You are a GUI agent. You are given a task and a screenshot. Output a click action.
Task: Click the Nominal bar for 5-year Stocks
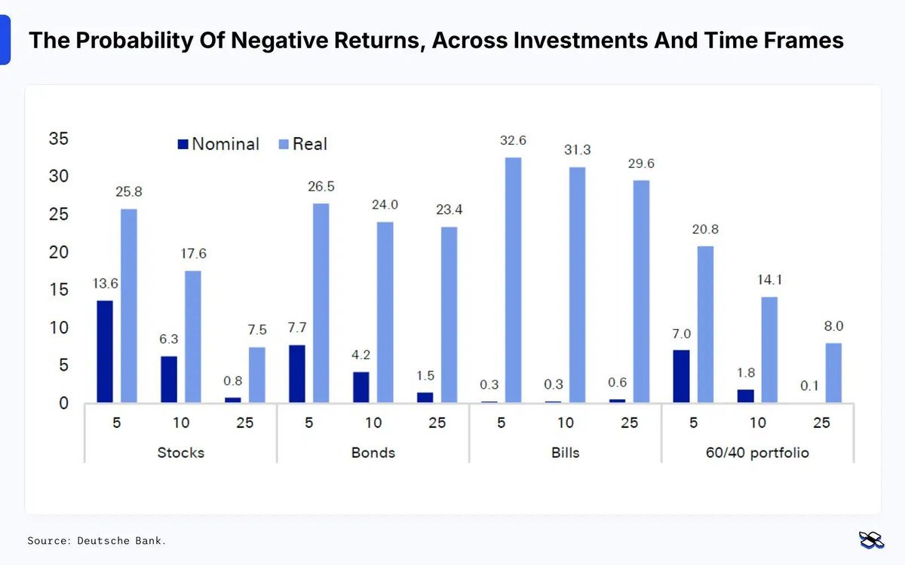click(104, 351)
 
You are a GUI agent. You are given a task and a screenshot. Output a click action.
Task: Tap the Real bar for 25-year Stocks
click(257, 374)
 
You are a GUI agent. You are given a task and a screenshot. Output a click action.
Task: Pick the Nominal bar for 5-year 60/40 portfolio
click(680, 376)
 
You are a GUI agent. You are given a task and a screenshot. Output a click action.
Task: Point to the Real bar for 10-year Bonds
click(385, 312)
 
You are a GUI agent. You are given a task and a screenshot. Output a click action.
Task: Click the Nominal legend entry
click(218, 144)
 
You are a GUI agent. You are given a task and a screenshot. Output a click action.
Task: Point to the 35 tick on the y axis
click(58, 139)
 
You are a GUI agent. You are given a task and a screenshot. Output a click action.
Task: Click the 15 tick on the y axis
click(58, 290)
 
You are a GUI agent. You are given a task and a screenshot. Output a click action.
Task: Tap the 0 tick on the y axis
click(63, 403)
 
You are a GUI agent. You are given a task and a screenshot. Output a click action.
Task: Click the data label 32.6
click(513, 140)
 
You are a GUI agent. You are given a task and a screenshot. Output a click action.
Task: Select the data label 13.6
click(105, 283)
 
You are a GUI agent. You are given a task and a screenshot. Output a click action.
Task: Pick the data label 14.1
click(768, 280)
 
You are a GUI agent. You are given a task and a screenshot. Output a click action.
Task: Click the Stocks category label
click(180, 453)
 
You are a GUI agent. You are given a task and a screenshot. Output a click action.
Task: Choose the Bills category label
click(565, 453)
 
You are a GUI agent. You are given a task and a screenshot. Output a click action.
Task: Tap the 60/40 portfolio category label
click(757, 453)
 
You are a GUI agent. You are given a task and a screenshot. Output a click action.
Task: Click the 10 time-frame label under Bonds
click(373, 423)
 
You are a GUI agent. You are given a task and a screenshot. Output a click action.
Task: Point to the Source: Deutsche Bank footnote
click(97, 541)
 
